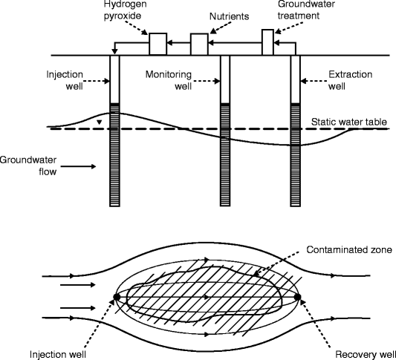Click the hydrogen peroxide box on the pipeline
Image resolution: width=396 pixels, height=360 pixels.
[x=158, y=44]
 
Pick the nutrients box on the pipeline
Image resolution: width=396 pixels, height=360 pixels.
[x=198, y=45]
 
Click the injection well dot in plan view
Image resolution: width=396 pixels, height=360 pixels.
[x=117, y=298]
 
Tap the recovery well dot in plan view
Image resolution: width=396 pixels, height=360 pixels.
[x=297, y=298]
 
